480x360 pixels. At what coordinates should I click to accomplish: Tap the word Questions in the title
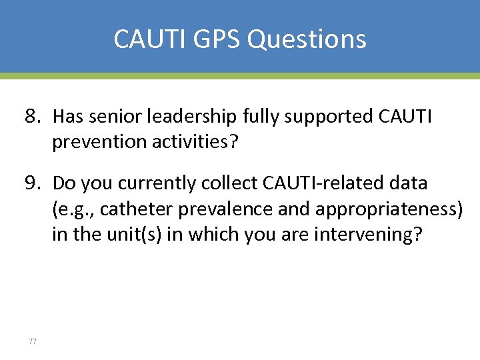(307, 39)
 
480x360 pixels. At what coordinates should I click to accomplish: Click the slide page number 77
(33, 341)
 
